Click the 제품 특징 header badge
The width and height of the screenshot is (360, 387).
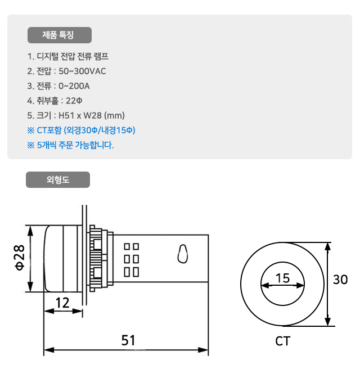pyautogui.click(x=59, y=35)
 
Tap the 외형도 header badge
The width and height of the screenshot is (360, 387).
pyautogui.click(x=58, y=180)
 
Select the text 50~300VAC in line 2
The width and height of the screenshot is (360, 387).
pyautogui.click(x=82, y=71)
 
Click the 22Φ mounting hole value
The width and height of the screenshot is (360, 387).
pyautogui.click(x=74, y=101)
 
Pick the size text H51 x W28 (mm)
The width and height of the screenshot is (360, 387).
pyautogui.click(x=92, y=115)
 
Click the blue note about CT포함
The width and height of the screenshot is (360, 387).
pyautogui.click(x=81, y=130)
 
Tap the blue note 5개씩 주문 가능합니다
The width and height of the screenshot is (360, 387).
pyautogui.click(x=70, y=145)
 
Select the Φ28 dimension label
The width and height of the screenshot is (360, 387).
pyautogui.click(x=19, y=257)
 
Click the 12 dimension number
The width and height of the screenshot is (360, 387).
pyautogui.click(x=62, y=303)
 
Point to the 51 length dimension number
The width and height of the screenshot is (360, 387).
pyautogui.click(x=129, y=340)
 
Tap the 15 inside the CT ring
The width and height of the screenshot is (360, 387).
pyautogui.click(x=282, y=277)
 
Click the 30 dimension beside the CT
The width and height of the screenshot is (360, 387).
pyautogui.click(x=340, y=280)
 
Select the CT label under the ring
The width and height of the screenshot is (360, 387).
pyautogui.click(x=283, y=341)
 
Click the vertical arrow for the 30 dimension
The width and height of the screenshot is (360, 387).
pyautogui.click(x=327, y=284)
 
